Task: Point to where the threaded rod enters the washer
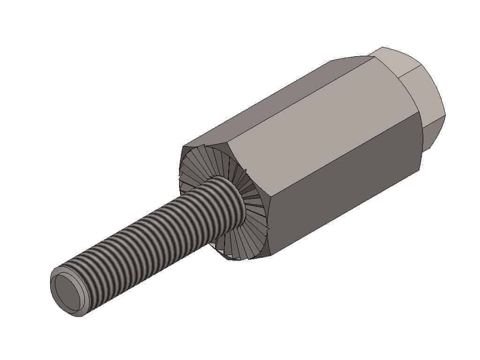pos(237,199)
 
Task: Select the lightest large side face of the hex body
pos(319,122)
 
